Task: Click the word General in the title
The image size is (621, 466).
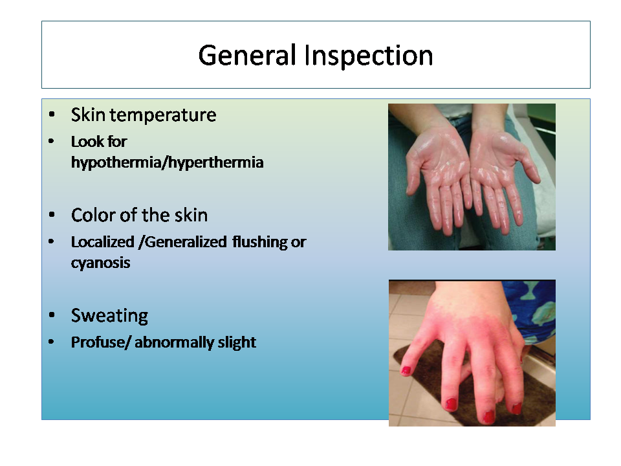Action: coord(247,56)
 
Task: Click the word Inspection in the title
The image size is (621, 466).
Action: coord(369,56)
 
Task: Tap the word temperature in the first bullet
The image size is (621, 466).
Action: coord(163,116)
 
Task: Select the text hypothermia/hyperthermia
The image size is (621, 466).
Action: coord(167,162)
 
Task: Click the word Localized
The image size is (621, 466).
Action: coord(103,242)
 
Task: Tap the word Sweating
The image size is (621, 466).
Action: coord(110,316)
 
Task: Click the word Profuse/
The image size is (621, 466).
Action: coord(101,342)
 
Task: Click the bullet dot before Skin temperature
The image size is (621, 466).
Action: coord(52,115)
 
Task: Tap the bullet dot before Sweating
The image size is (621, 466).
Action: coord(52,315)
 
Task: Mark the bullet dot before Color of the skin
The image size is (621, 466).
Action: coord(52,215)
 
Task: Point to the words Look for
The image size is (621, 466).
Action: coord(99,142)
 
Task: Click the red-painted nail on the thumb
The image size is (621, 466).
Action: coord(406,371)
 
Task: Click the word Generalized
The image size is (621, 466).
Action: coord(186,242)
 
